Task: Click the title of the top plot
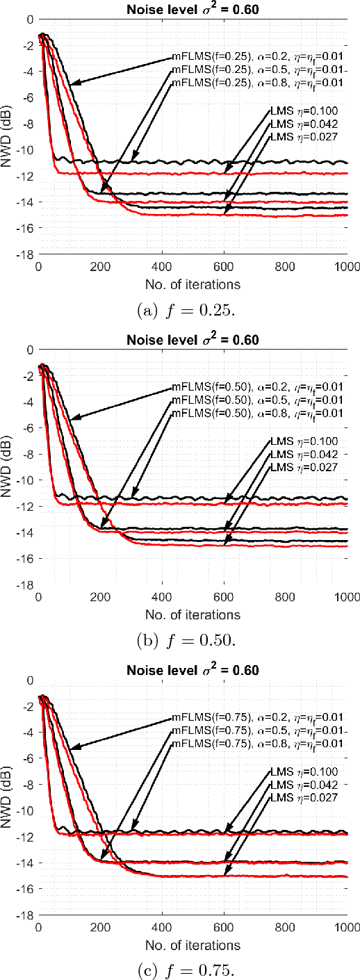pos(193,9)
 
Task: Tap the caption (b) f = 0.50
pos(193,639)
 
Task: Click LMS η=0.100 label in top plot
pos(304,111)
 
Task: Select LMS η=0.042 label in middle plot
pos(304,455)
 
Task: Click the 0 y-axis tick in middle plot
pos(31,350)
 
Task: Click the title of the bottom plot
pos(193,670)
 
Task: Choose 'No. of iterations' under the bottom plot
pos(193,945)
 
